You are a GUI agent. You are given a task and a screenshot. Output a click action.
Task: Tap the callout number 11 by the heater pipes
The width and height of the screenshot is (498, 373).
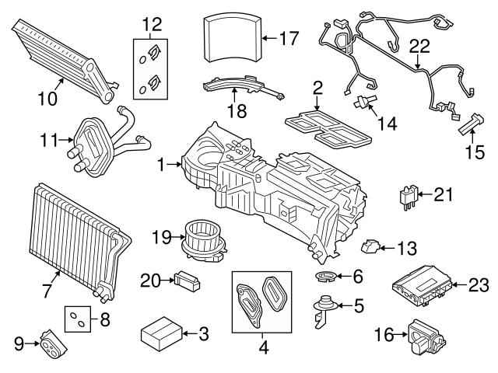click(x=49, y=141)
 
